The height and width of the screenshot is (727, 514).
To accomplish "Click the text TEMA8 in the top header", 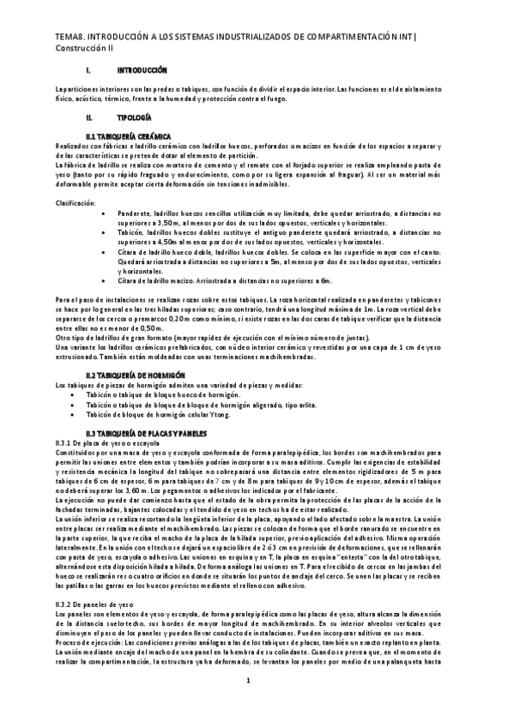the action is coord(68,38).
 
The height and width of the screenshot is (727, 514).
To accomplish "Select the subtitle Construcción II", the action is coord(85,49).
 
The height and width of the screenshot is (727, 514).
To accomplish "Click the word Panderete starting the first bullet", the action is coord(134,211).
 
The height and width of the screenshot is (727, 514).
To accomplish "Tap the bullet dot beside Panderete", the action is coord(104,212).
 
